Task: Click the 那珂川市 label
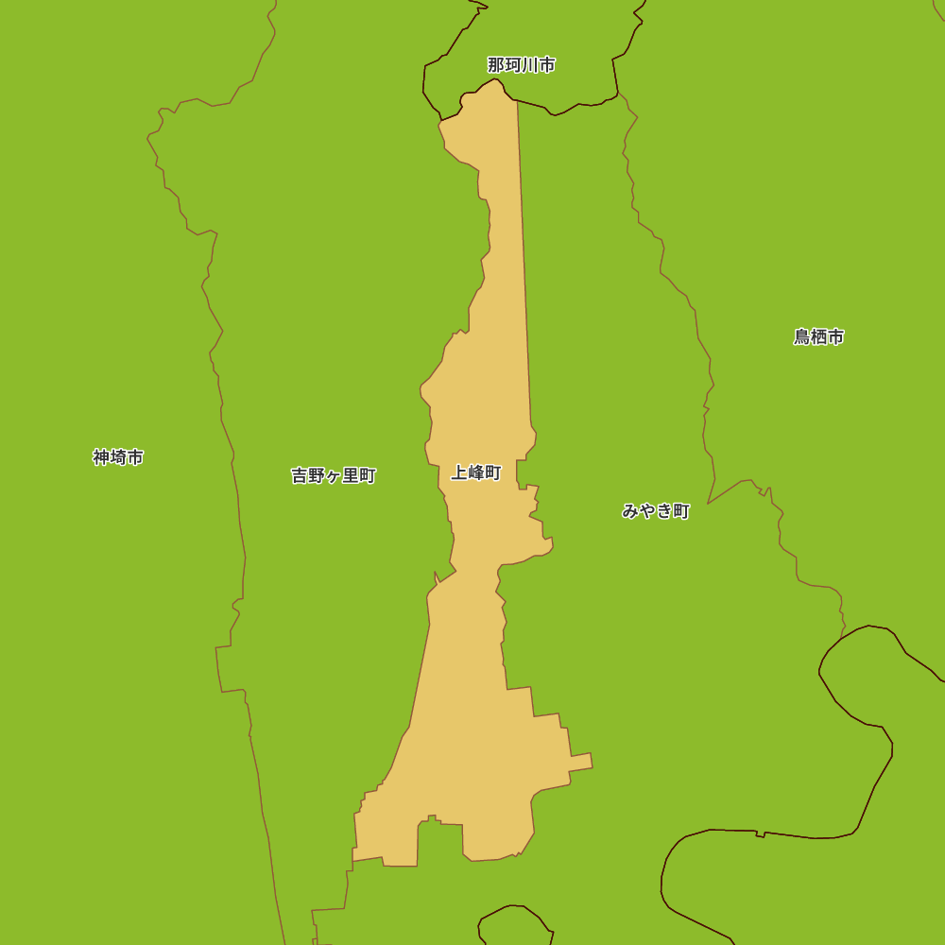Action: pos(521,65)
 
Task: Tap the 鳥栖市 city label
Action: pos(818,336)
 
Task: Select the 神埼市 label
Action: pos(118,457)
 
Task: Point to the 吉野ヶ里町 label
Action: pos(334,475)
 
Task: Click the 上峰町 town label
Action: pos(475,472)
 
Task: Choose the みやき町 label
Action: pos(656,511)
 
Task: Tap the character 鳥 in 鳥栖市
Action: pos(801,336)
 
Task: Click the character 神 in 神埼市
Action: pos(101,457)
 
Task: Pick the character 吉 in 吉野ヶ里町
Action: pos(300,475)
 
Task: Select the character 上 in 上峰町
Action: pos(458,472)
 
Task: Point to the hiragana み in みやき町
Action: pos(630,511)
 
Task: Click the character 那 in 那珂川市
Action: pos(496,65)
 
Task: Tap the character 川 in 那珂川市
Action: pos(530,65)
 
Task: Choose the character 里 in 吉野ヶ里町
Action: pos(351,475)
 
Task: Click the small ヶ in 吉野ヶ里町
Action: pos(334,476)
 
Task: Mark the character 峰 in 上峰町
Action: pos(475,472)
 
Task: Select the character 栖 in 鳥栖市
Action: pos(818,336)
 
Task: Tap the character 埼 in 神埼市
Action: pos(118,457)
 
